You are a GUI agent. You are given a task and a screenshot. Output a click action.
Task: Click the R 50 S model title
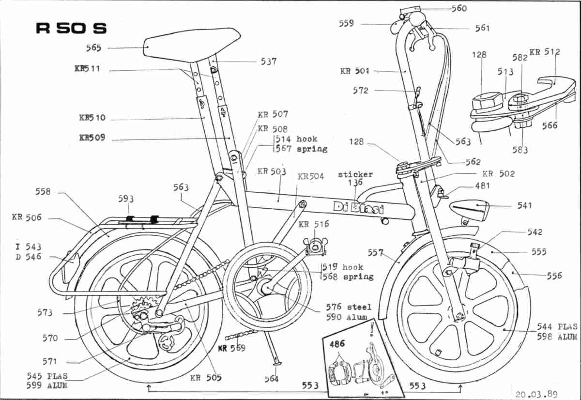71,28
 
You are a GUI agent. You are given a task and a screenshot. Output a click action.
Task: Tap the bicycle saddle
192,44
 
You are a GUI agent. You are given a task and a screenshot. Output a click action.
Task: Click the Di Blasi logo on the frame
358,208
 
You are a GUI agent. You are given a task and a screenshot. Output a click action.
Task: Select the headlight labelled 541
470,210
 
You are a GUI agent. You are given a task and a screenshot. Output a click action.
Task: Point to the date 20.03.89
536,394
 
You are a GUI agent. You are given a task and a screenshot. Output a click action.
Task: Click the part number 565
93,48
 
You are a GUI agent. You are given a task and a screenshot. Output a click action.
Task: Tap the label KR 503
272,171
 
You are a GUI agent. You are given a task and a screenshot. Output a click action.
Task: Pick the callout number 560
459,9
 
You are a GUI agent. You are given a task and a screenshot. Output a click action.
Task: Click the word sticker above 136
355,175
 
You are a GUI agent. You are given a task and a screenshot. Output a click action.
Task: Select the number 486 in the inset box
337,344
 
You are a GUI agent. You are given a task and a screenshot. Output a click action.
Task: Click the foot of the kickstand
276,364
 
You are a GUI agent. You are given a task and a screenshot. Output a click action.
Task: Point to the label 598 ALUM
557,337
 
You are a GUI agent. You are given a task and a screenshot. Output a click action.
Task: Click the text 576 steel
349,307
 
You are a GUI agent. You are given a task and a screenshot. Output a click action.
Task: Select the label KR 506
27,217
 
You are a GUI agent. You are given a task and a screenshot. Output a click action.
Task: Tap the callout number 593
126,199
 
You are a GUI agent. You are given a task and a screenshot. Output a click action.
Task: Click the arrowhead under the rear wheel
149,388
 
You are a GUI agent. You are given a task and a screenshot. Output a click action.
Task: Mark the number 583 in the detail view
520,150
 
